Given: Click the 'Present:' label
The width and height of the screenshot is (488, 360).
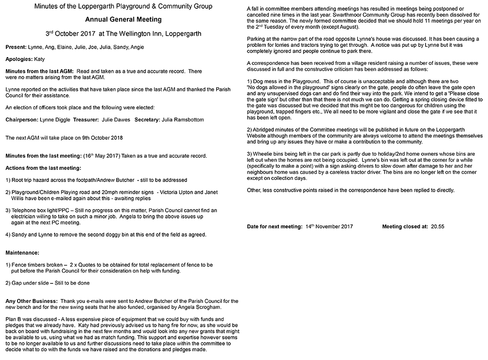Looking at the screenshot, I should click(18, 47).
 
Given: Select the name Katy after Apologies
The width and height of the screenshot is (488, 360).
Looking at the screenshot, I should click(40, 59).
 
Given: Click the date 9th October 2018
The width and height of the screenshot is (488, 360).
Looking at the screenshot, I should click(100, 138).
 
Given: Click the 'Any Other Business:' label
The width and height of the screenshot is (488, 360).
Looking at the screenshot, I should click(31, 301).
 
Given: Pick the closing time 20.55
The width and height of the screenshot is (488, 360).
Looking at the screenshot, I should click(438, 227).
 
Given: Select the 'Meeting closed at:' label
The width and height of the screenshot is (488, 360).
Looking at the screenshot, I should click(405, 227).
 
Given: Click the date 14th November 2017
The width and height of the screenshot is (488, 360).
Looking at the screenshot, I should click(329, 227).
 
